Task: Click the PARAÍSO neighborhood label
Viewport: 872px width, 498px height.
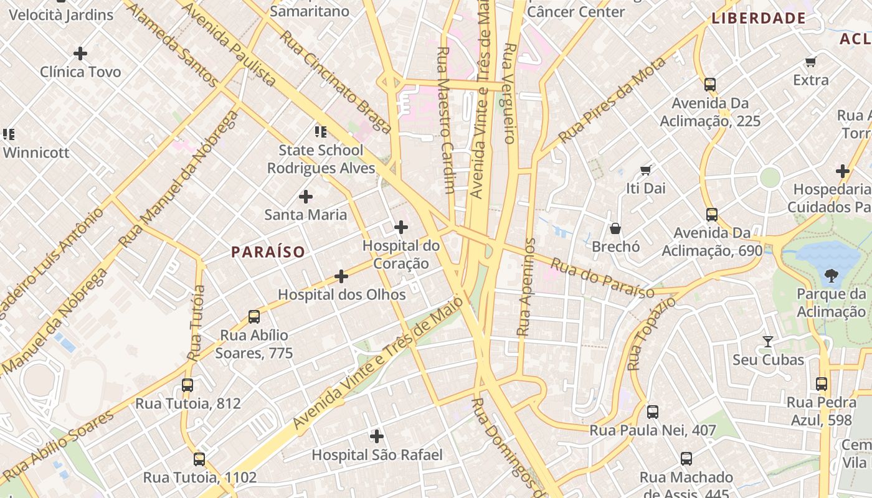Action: coord(268,252)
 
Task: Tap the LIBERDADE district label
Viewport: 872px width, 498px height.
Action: coord(759,18)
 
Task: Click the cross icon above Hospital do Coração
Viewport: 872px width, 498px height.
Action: coord(401,227)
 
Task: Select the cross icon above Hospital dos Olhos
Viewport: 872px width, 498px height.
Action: coord(341,276)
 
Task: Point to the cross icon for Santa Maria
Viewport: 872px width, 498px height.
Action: coord(306,197)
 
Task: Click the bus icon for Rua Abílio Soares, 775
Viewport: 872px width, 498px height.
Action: coord(254,317)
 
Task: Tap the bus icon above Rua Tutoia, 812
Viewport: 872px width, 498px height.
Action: coord(187,385)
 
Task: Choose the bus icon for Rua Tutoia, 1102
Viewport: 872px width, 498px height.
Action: coord(199,459)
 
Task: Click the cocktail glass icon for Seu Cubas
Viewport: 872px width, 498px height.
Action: coord(768,341)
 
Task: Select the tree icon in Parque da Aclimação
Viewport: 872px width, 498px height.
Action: coord(831,275)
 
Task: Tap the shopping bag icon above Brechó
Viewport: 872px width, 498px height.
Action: coord(615,228)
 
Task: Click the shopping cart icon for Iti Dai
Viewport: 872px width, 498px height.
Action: coord(646,169)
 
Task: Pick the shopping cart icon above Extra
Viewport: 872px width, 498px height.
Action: coord(810,62)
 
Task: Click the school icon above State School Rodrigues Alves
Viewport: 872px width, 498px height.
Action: coord(321,131)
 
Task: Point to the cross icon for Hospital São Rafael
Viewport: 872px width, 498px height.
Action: coord(377,436)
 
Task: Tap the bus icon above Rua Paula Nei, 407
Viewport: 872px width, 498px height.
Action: coord(652,411)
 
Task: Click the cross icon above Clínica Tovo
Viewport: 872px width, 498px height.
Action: coord(80,54)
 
